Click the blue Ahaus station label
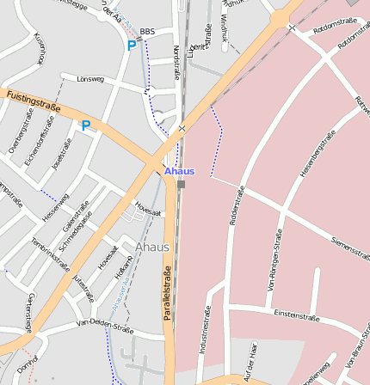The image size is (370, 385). click(x=179, y=171)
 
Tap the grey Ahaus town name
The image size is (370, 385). click(x=152, y=247)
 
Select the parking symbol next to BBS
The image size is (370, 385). click(x=132, y=46)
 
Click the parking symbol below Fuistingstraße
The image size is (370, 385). click(x=86, y=125)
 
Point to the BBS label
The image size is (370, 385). click(x=147, y=31)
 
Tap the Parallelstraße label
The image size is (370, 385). click(x=168, y=293)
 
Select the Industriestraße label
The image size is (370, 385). click(x=206, y=332)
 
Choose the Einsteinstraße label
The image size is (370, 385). click(x=297, y=316)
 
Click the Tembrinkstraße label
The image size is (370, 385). click(x=50, y=254)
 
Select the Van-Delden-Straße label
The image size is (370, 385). click(x=105, y=326)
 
